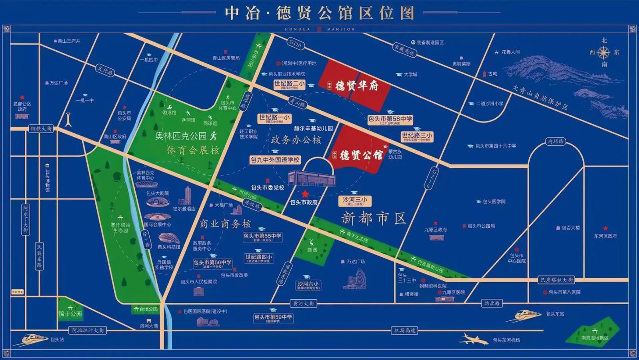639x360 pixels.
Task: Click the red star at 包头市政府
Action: [x=305, y=194]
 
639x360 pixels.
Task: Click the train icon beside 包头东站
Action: [x=524, y=315]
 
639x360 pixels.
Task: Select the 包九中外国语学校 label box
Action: [x=275, y=160]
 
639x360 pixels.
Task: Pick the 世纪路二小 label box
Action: [x=289, y=85]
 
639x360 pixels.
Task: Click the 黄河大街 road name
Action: [x=303, y=304]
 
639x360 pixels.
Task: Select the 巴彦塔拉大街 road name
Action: [x=556, y=280]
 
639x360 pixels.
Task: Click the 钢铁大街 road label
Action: [x=41, y=129]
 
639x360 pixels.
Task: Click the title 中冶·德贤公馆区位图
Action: [x=320, y=13]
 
